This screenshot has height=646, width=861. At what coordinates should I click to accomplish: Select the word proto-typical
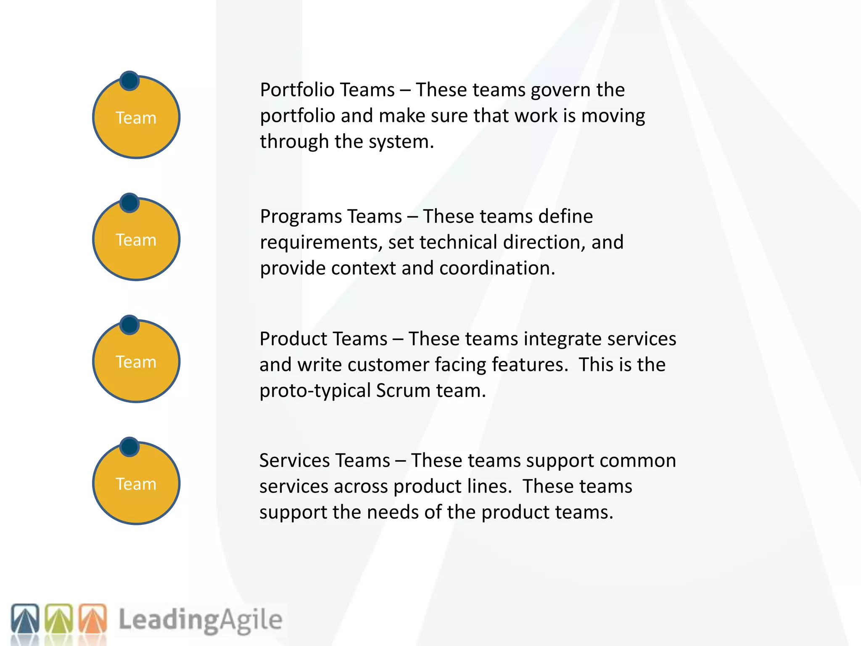pyautogui.click(x=315, y=391)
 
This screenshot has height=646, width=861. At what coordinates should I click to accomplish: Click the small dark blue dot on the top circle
pyautogui.click(x=129, y=81)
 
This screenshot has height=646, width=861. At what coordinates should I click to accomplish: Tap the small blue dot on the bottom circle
pyautogui.click(x=129, y=447)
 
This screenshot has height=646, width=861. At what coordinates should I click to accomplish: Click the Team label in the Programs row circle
pyautogui.click(x=136, y=240)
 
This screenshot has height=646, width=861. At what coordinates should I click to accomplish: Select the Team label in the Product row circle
pyautogui.click(x=136, y=362)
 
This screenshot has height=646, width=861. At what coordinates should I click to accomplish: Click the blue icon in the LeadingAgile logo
pyautogui.click(x=25, y=619)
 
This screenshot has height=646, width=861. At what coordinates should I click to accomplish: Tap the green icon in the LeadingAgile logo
pyautogui.click(x=59, y=619)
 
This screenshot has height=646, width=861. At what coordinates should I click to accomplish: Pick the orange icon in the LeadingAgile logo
pyautogui.click(x=93, y=619)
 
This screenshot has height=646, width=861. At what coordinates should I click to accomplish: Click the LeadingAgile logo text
pyautogui.click(x=200, y=620)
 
